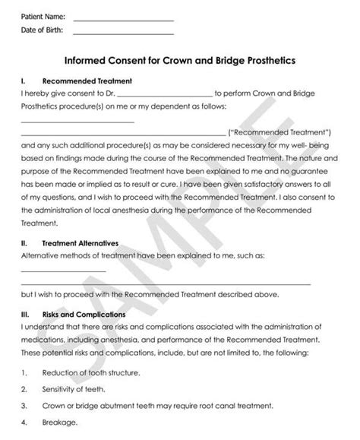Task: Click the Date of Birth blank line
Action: [124, 33]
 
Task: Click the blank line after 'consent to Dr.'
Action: [166, 94]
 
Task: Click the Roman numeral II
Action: [24, 244]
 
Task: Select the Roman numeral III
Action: [25, 314]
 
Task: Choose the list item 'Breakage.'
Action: [60, 423]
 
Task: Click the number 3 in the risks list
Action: [24, 406]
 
